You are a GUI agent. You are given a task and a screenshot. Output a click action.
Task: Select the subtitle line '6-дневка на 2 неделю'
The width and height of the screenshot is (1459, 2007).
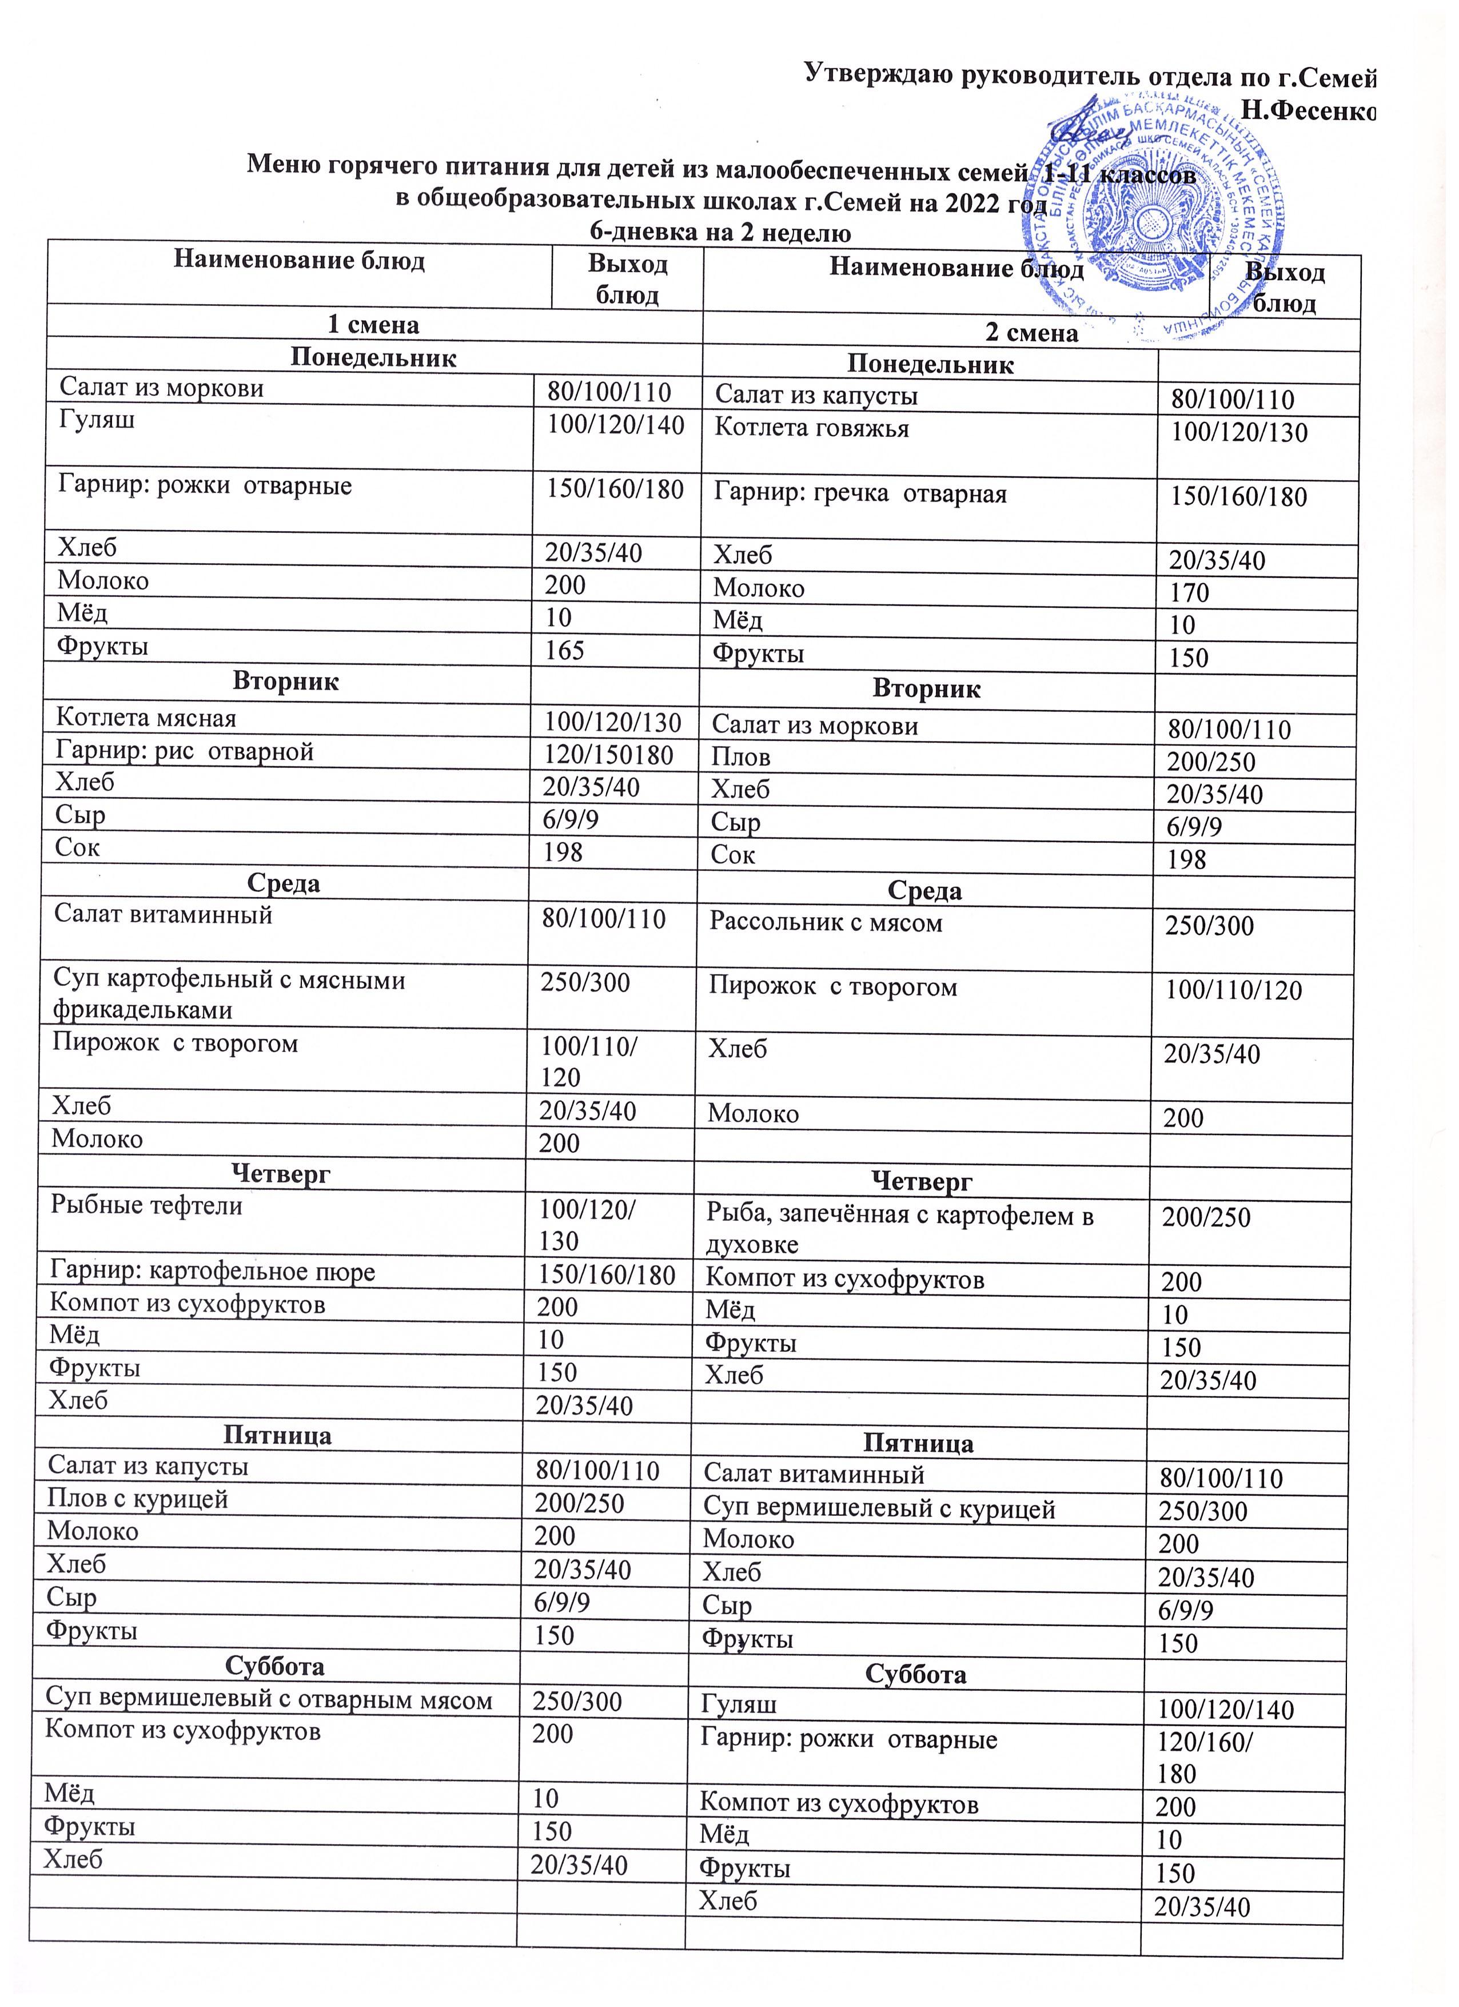coord(720,233)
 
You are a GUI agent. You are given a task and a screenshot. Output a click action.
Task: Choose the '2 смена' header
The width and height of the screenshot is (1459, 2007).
coord(1032,333)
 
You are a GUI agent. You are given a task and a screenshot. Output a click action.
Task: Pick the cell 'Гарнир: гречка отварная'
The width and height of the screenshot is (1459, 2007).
coord(860,494)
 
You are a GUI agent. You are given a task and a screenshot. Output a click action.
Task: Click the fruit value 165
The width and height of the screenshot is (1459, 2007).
coord(564,651)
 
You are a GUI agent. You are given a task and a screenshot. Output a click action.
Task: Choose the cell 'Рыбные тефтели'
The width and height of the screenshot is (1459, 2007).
coord(146,1205)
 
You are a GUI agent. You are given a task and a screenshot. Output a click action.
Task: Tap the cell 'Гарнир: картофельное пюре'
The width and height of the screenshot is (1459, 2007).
coord(212,1272)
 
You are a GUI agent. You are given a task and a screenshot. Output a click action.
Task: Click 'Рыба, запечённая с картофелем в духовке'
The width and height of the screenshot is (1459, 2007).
coord(899,1230)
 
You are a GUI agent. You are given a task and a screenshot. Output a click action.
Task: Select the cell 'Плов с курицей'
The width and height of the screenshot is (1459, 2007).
coord(137,1499)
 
